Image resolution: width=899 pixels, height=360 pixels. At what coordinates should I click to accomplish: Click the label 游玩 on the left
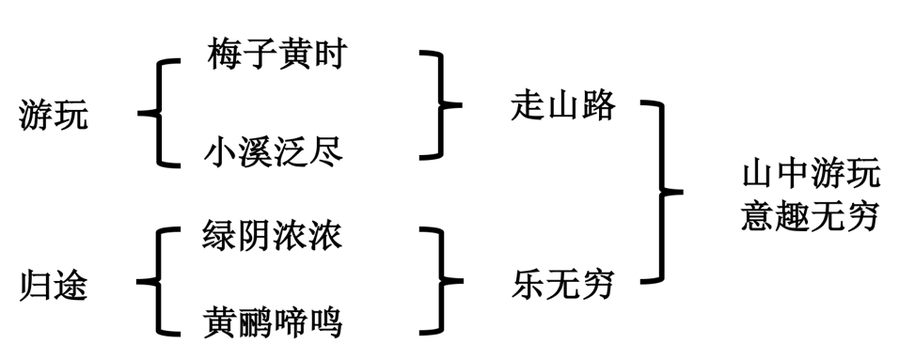click(53, 116)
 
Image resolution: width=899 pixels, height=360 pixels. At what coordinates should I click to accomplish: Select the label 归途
click(53, 285)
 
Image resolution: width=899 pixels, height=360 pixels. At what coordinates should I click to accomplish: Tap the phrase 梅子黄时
click(276, 55)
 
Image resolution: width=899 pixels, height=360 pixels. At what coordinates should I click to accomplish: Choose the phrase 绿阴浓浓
click(273, 235)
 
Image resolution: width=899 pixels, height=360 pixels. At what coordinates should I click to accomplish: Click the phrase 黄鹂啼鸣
click(274, 322)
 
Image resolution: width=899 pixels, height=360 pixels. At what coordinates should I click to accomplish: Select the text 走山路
click(562, 105)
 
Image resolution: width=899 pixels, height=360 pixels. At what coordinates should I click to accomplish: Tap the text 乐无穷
click(562, 283)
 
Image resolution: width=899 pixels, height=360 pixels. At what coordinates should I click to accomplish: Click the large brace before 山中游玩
click(664, 192)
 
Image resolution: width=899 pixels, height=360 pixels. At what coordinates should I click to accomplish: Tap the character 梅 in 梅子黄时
click(224, 55)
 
